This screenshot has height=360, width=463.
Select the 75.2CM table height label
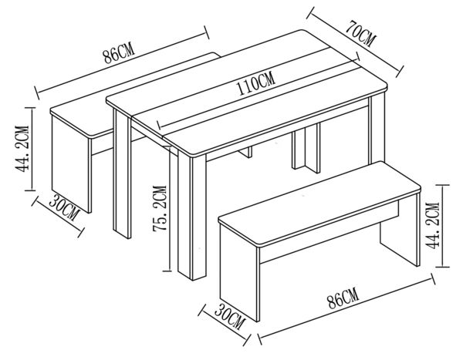click(x=160, y=208)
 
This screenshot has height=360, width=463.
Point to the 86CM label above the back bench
click(x=119, y=53)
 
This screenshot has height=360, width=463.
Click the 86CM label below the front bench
click(x=343, y=298)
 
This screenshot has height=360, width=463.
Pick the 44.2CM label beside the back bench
click(x=22, y=149)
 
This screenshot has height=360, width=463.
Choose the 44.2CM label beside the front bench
click(x=432, y=225)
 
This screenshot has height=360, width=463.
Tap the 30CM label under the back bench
click(x=64, y=207)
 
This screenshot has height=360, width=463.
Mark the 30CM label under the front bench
click(x=230, y=317)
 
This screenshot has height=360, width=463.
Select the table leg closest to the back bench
click(x=122, y=173)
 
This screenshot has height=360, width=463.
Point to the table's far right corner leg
click(x=377, y=129)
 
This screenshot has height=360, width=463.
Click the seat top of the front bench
click(x=319, y=203)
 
